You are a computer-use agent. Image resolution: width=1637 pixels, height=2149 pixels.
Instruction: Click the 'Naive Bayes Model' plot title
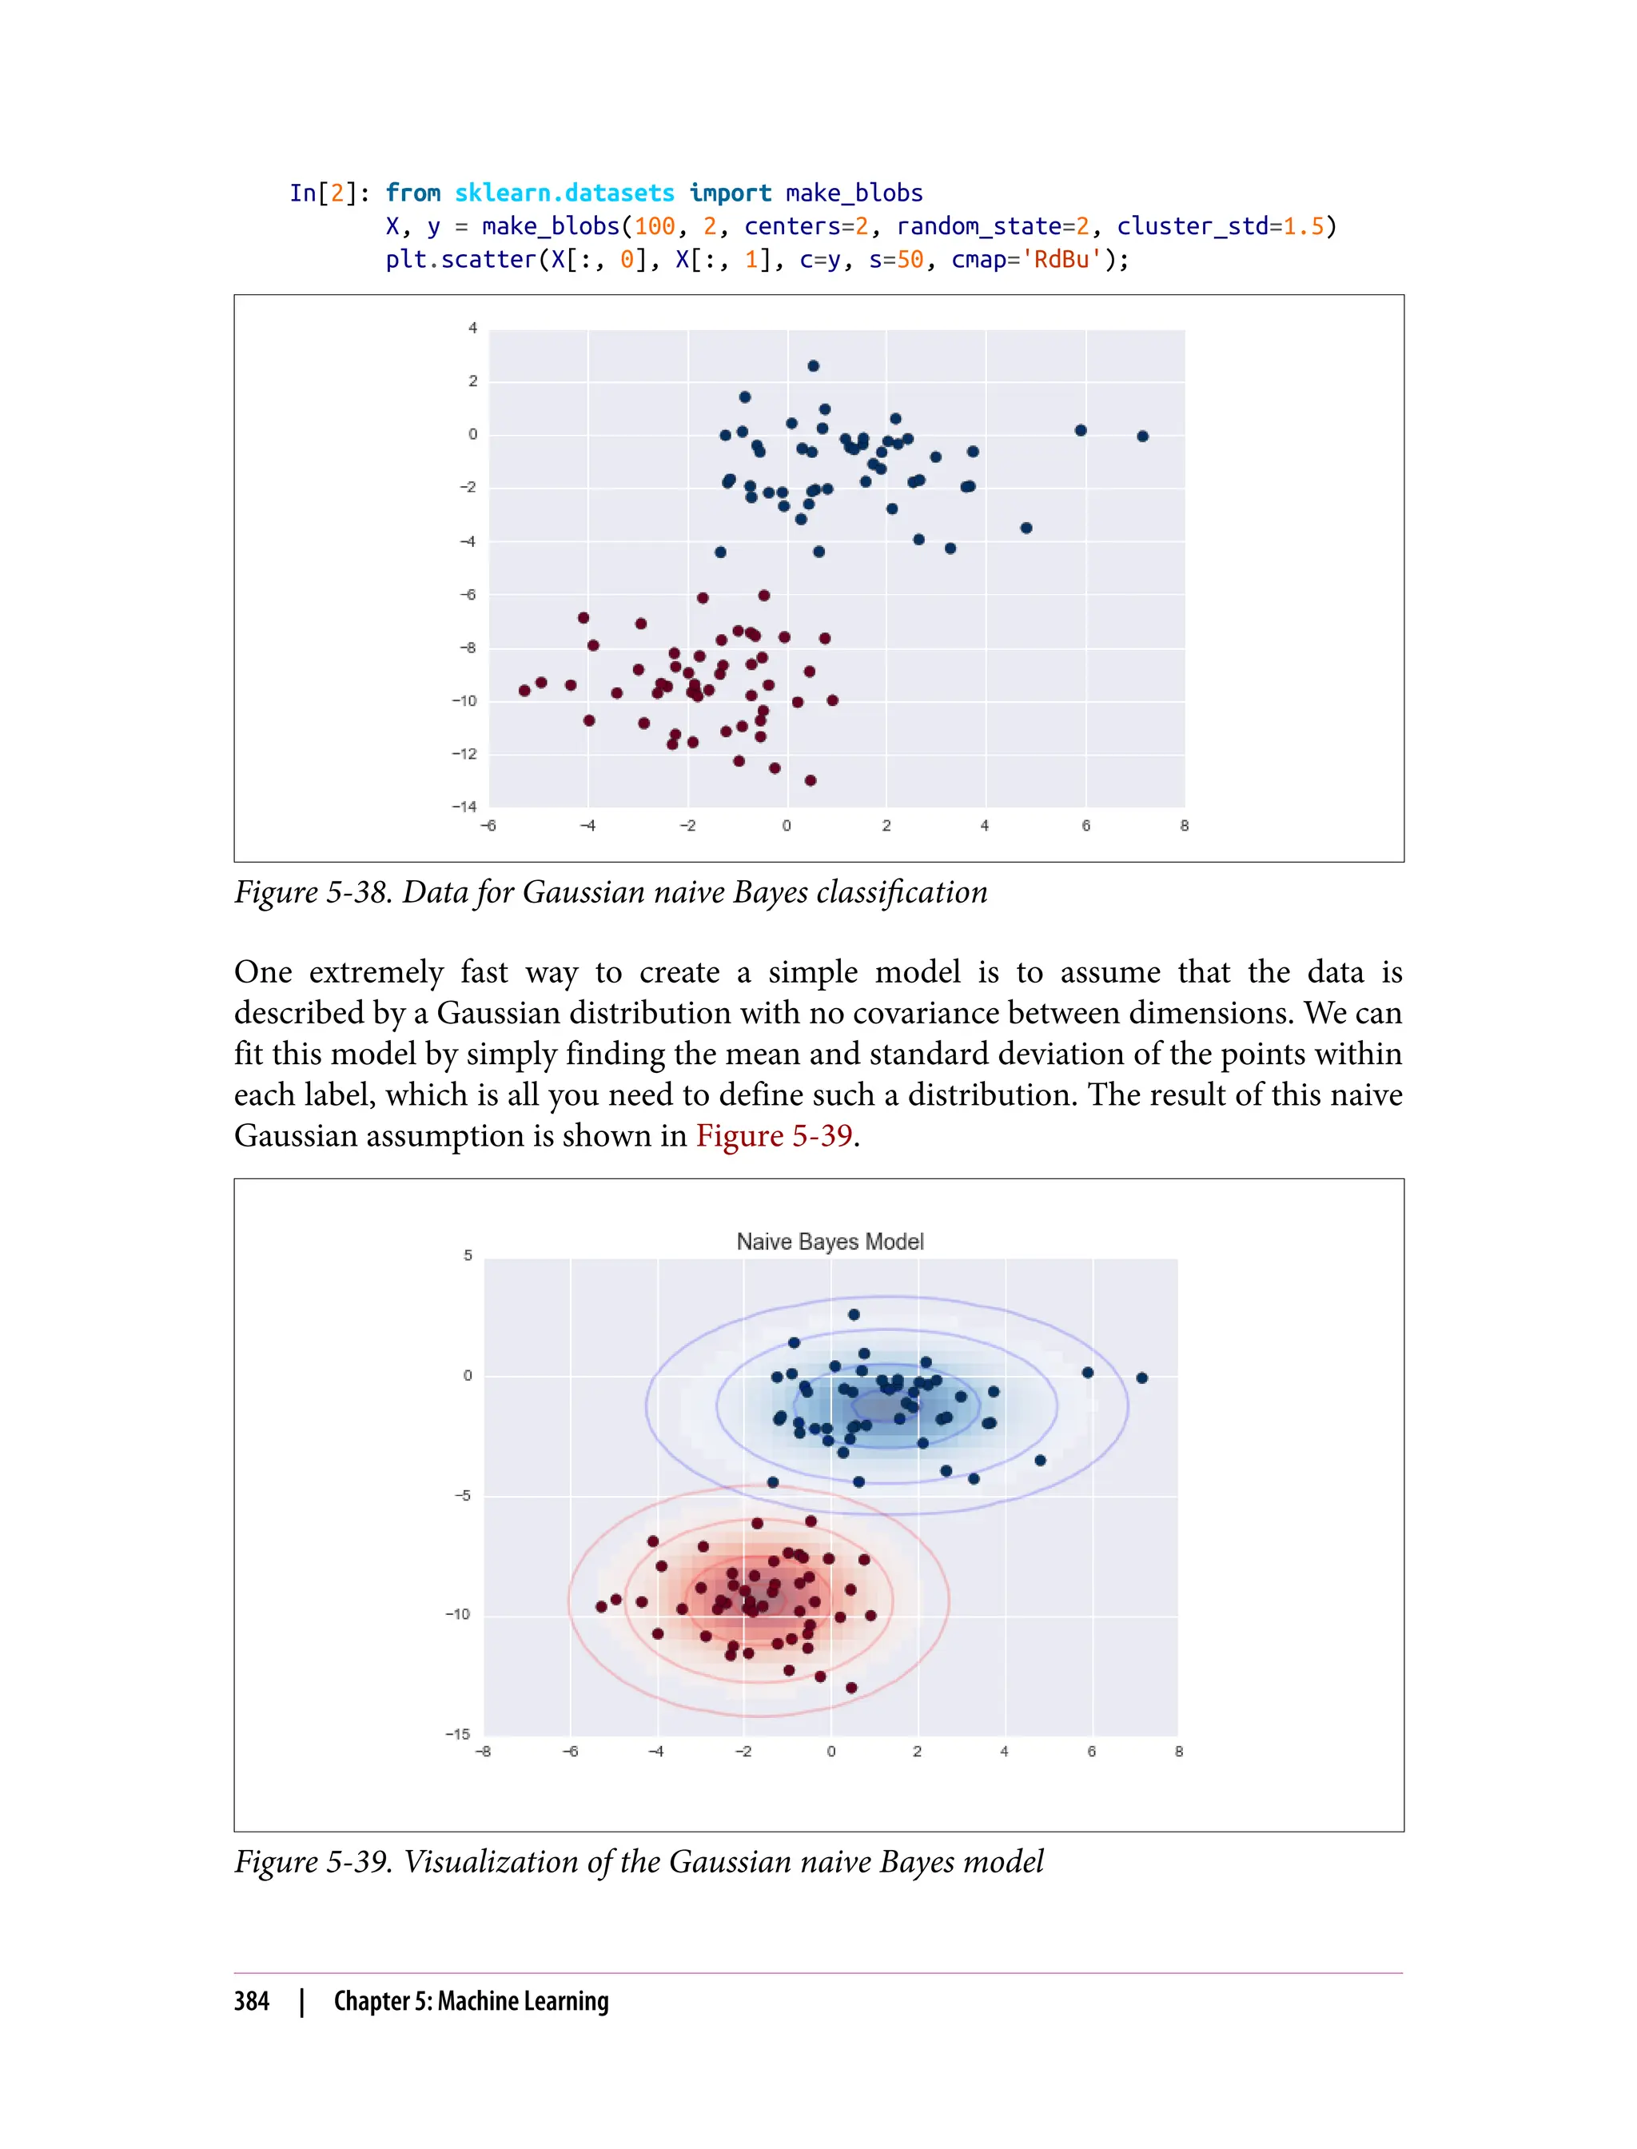tap(829, 1241)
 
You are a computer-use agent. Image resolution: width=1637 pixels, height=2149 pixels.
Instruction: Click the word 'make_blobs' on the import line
tap(854, 193)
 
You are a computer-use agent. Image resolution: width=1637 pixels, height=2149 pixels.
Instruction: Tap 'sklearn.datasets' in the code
tap(564, 193)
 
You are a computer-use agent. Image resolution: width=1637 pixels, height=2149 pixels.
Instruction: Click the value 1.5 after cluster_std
tap(1303, 226)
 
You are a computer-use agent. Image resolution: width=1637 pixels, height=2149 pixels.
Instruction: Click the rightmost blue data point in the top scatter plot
tap(1143, 437)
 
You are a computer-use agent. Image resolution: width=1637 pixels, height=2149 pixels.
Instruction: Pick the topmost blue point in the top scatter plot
tap(814, 366)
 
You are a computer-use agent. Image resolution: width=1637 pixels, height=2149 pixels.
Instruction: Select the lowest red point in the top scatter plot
tap(811, 780)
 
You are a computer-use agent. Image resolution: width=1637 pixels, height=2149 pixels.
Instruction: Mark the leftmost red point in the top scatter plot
tap(524, 691)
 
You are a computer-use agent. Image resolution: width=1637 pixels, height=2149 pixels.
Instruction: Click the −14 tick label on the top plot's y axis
tap(464, 807)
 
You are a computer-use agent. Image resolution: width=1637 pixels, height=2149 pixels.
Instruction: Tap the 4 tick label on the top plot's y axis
tap(472, 329)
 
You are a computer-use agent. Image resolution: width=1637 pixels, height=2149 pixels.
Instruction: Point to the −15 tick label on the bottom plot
tap(458, 1734)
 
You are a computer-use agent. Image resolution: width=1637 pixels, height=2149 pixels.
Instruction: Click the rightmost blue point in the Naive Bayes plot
tap(1142, 1378)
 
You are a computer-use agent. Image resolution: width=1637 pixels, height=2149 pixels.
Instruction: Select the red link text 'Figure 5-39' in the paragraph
tap(774, 1135)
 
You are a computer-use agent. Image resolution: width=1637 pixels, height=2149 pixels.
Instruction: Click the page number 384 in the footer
tap(252, 2001)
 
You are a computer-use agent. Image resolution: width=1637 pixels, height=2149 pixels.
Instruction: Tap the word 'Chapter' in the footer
tap(371, 2001)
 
